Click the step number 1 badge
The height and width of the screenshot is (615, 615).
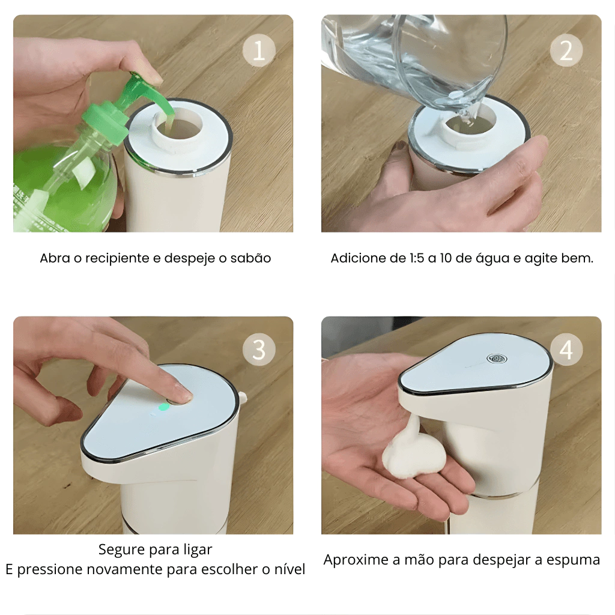(259, 50)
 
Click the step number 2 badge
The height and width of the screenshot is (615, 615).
(566, 50)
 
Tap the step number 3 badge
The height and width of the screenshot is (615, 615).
(259, 350)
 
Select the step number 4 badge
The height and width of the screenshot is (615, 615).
(566, 350)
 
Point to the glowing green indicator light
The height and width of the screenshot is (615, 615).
(163, 407)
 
